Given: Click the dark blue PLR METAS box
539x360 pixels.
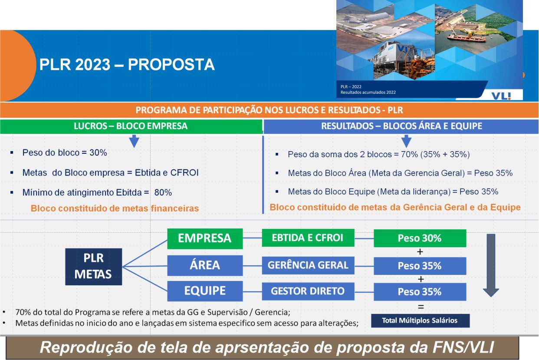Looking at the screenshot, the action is click(93, 267).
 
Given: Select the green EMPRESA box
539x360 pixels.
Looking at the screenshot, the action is click(205, 238).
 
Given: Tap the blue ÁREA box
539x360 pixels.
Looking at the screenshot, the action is click(205, 265).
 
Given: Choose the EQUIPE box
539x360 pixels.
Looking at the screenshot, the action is click(205, 291).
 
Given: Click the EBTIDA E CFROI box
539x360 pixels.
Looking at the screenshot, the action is click(308, 238).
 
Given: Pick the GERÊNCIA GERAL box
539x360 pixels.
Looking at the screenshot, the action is click(308, 265).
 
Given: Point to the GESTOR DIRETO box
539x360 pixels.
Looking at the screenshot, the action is click(308, 291).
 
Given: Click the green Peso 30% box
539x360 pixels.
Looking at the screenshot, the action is click(420, 238).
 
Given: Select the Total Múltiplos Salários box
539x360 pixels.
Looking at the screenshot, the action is click(420, 320).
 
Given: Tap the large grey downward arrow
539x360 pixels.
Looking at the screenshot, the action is click(491, 265).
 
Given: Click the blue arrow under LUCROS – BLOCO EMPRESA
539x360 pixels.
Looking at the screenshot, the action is click(134, 141).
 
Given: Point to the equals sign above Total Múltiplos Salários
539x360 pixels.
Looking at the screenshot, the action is click(421, 307).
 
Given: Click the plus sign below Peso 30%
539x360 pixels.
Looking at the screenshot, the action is click(420, 252).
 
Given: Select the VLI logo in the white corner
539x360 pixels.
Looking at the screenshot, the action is click(501, 96).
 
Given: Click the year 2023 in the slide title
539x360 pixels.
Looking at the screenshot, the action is click(92, 65).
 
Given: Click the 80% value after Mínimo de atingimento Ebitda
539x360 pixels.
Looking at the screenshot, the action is click(163, 192).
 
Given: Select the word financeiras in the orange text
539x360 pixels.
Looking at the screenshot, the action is click(175, 208).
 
